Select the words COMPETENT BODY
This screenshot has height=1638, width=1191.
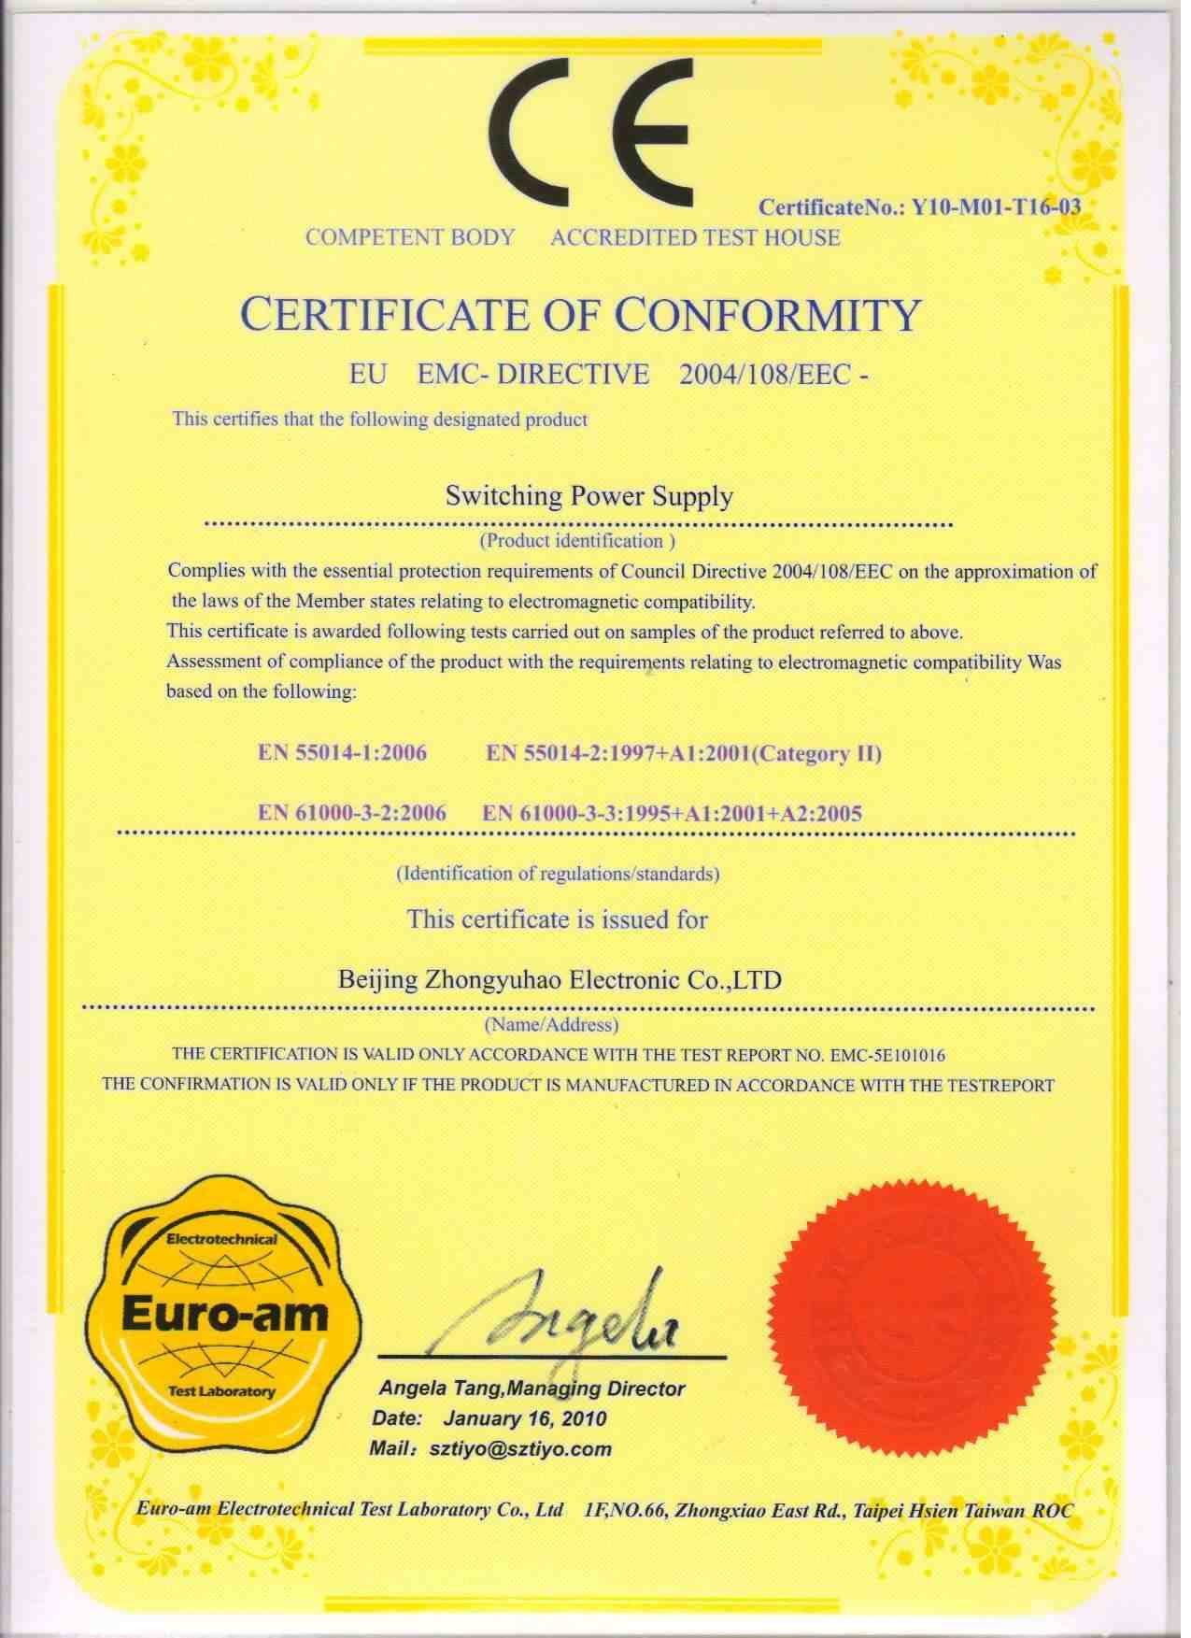[x=410, y=237]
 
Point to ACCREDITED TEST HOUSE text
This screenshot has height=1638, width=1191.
[x=695, y=237]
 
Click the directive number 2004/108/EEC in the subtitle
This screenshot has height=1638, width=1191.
[x=766, y=375]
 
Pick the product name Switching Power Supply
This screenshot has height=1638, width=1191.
[x=588, y=496]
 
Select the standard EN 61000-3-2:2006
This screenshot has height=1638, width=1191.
[x=353, y=813]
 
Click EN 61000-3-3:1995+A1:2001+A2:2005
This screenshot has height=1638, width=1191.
[x=673, y=813]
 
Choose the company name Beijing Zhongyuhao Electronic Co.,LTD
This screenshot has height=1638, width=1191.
[x=558, y=980]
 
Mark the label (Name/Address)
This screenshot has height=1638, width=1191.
[x=551, y=1025]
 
